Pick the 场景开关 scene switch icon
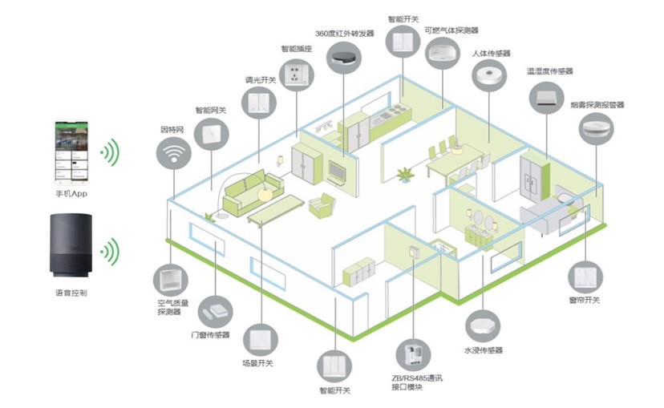pos(259,338)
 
